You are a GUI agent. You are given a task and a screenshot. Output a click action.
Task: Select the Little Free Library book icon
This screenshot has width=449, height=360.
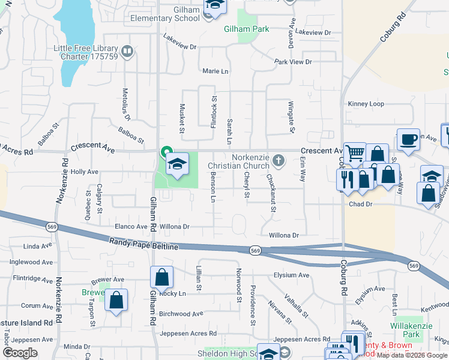click(x=126, y=52)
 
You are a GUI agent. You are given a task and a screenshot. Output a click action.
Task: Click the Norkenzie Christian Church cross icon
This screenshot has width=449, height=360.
click(x=277, y=160)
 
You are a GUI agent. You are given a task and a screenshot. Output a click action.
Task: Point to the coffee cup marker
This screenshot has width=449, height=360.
click(x=408, y=139)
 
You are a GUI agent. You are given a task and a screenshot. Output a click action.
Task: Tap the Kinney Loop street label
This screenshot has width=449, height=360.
click(x=366, y=104)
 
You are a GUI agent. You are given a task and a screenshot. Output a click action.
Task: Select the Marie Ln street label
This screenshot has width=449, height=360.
click(x=215, y=71)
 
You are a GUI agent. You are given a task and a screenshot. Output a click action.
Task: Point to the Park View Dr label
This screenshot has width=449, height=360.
click(x=293, y=62)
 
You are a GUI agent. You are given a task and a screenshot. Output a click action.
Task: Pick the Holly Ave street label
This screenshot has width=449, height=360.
click(x=84, y=172)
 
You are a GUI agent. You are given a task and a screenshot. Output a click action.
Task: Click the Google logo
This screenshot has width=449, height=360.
click(x=20, y=353)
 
